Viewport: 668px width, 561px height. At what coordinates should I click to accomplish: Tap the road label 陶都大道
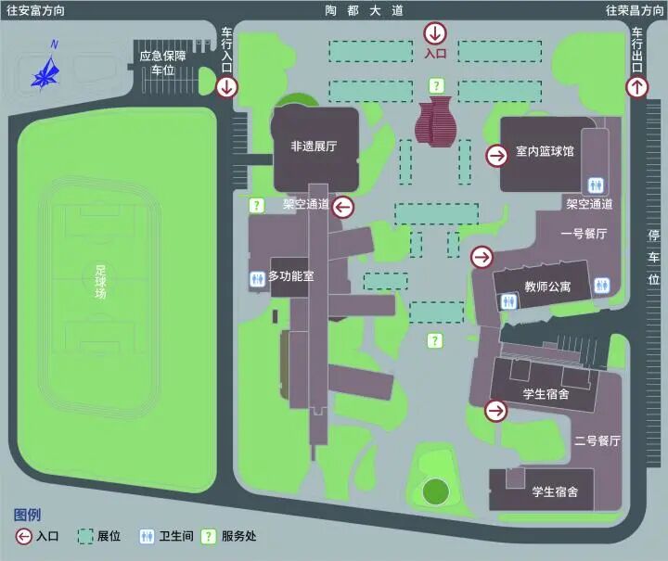[365, 11]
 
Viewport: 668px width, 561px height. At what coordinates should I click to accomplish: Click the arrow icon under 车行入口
[226, 87]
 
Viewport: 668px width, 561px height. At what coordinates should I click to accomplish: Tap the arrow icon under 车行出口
[637, 87]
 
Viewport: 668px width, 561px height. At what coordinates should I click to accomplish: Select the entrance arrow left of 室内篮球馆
[497, 156]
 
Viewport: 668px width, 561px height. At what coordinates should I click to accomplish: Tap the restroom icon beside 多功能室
[257, 277]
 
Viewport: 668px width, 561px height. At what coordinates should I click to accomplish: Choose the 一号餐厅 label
[584, 234]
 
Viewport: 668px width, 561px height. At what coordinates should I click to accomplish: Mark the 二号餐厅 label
[597, 440]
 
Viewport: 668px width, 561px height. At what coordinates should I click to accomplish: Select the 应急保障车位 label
[163, 63]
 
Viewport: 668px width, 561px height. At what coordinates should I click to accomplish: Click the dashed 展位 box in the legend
[84, 536]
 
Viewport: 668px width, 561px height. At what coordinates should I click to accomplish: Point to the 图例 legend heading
[27, 515]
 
